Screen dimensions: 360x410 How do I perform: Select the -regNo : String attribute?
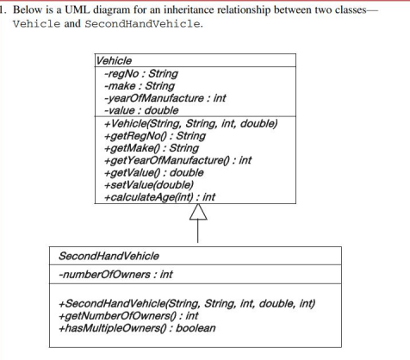(140, 74)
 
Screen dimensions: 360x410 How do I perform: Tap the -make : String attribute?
(140, 86)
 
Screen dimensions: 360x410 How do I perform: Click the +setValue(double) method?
(147, 184)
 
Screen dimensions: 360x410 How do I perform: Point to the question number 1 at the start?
(3, 7)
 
